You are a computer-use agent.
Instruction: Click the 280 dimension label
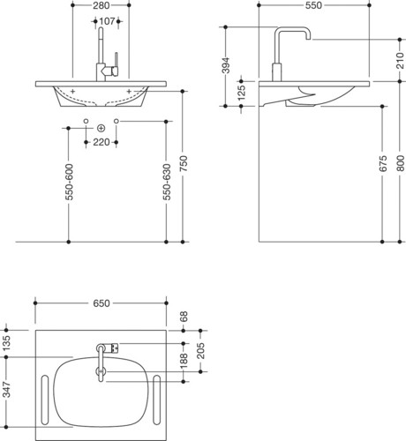pyautogui.click(x=101, y=5)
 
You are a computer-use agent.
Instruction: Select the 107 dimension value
pyautogui.click(x=107, y=21)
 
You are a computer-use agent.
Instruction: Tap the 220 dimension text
pyautogui.click(x=101, y=142)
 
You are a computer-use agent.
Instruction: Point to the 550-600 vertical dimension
pyautogui.click(x=69, y=182)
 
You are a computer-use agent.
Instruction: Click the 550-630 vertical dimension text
pyautogui.click(x=167, y=182)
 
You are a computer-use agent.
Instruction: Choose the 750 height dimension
pyautogui.click(x=183, y=164)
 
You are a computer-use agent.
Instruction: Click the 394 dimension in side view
pyautogui.click(x=226, y=65)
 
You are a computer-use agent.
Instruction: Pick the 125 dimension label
pyautogui.click(x=241, y=93)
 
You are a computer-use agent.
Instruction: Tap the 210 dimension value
pyautogui.click(x=400, y=60)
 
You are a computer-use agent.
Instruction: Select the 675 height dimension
pyautogui.click(x=383, y=164)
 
